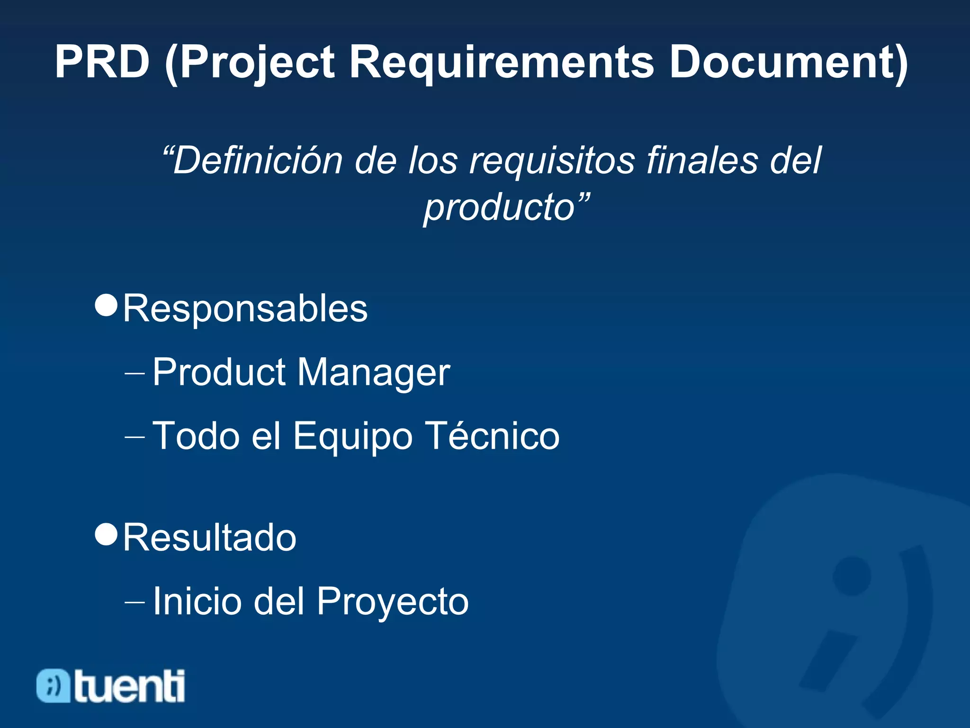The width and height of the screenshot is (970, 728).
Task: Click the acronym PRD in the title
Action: (x=102, y=62)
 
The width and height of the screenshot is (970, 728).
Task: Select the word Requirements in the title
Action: (x=502, y=62)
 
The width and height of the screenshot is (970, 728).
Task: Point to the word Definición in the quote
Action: (x=258, y=160)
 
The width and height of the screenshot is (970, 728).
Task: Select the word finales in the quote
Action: (x=701, y=160)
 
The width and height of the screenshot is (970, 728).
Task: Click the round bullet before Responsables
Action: (x=106, y=305)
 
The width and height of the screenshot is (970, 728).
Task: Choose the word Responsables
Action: (x=245, y=309)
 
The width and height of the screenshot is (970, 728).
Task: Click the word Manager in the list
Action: (x=374, y=373)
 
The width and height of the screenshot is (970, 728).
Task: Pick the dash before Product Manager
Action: (x=135, y=373)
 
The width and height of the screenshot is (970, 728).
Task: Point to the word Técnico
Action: (x=492, y=436)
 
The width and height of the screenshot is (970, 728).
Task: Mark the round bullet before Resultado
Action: (x=106, y=534)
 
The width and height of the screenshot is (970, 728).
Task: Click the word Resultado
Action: (x=209, y=538)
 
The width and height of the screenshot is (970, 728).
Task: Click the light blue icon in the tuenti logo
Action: (x=54, y=685)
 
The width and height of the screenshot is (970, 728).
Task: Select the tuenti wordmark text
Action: (x=129, y=685)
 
